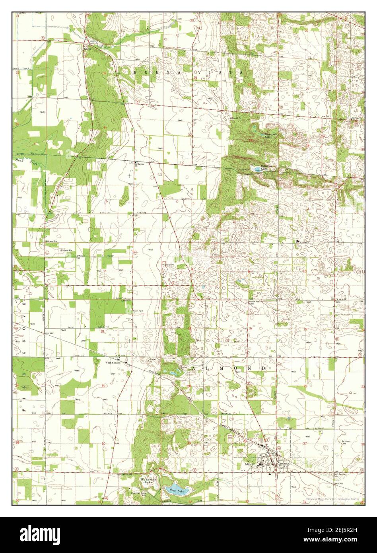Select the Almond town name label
(250, 464)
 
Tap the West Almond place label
(113, 363)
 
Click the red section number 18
(103, 331)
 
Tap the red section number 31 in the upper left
(105, 127)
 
